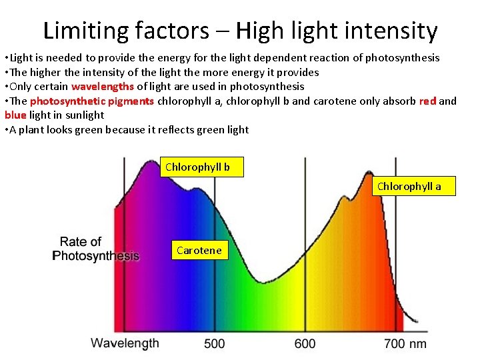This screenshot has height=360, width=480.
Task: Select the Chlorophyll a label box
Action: (409, 186)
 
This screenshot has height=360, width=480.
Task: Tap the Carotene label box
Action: (199, 251)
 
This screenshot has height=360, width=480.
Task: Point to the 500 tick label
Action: (214, 344)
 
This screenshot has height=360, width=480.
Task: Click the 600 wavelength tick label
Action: (305, 344)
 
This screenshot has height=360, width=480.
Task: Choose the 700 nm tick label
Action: (405, 344)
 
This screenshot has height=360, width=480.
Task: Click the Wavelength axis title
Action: (125, 343)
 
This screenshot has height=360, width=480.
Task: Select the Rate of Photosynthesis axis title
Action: (95, 249)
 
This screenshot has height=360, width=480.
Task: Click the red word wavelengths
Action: (103, 86)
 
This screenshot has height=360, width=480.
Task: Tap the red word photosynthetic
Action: (67, 101)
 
